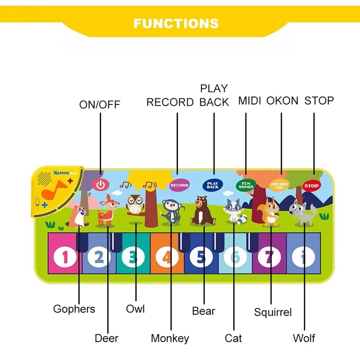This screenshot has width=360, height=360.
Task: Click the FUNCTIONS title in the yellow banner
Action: (176, 23)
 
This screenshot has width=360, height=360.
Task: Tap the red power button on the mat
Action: (100, 185)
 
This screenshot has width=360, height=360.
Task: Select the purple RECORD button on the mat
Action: (179, 185)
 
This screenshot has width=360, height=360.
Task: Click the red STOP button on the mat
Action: (311, 186)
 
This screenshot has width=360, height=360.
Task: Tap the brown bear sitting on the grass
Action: (203, 211)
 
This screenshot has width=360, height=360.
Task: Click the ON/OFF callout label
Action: (99, 105)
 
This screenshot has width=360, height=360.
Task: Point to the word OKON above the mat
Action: (282, 101)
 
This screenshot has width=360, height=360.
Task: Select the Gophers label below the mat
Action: (74, 309)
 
